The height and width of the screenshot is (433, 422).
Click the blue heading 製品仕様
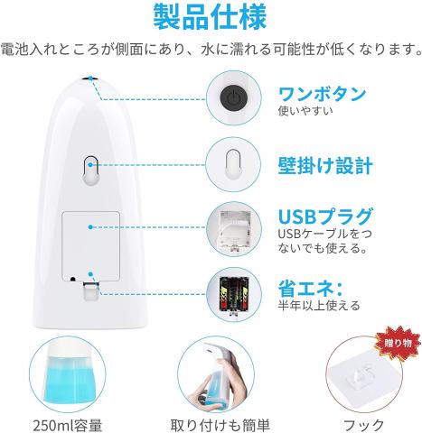pyautogui.click(x=210, y=16)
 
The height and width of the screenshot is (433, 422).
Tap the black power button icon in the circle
pyautogui.click(x=233, y=97)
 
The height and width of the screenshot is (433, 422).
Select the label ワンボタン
pyautogui.click(x=322, y=94)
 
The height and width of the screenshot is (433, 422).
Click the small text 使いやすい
pyautogui.click(x=305, y=111)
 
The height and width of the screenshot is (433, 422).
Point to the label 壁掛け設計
pyautogui.click(x=325, y=165)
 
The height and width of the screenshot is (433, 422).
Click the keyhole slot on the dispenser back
pyautogui.click(x=90, y=170)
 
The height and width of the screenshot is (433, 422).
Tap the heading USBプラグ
pyautogui.click(x=325, y=216)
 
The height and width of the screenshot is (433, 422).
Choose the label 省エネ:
pyautogui.click(x=310, y=288)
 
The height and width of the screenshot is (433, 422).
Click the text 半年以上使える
pyautogui.click(x=319, y=305)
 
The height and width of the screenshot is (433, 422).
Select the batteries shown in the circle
pyautogui.click(x=234, y=294)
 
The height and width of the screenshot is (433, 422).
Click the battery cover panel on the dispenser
pyautogui.click(x=91, y=246)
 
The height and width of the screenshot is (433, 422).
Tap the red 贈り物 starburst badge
pyautogui.click(x=398, y=343)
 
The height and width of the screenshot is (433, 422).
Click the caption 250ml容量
pyautogui.click(x=68, y=426)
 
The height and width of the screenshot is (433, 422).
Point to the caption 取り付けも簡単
pyautogui.click(x=220, y=426)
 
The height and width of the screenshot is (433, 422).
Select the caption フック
pyautogui.click(x=364, y=426)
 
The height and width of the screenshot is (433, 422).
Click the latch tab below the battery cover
pyautogui.click(x=91, y=291)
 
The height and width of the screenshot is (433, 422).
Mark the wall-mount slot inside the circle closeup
pyautogui.click(x=233, y=164)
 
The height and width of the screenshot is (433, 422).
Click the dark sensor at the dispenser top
pyautogui.click(x=90, y=78)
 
